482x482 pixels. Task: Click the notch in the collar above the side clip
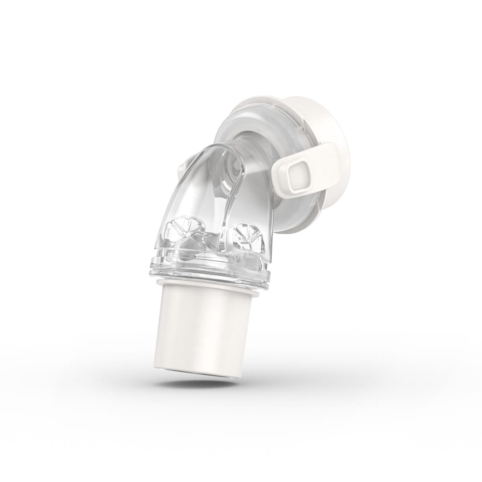308,137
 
